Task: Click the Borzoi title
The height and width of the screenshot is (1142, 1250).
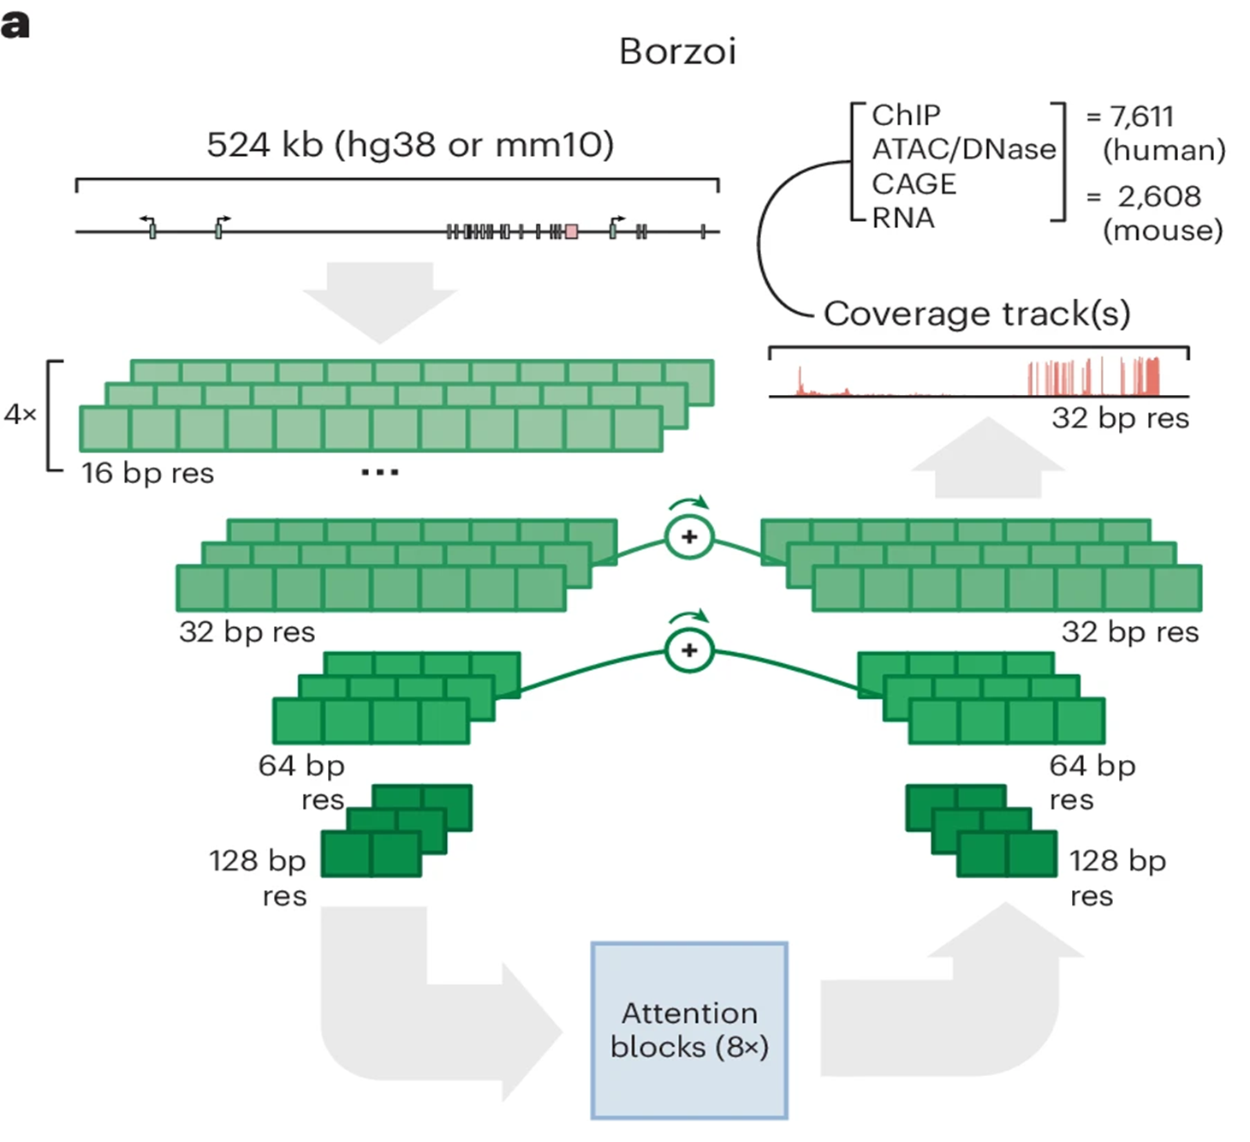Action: (677, 51)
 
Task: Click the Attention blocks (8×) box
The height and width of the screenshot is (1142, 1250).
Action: (689, 1030)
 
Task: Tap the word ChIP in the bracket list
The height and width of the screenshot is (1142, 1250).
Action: (906, 115)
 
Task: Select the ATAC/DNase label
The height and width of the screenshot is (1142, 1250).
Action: (964, 149)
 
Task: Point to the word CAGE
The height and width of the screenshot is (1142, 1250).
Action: (914, 183)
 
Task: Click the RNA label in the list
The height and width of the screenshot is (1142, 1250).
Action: (903, 218)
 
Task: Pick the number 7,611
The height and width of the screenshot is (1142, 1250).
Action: (1141, 116)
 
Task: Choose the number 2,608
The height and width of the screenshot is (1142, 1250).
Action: (1159, 196)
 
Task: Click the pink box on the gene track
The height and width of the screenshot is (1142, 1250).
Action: (571, 231)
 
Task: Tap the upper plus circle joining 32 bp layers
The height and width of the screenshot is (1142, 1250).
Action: (689, 537)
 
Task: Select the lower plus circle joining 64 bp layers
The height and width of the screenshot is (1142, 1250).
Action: (689, 650)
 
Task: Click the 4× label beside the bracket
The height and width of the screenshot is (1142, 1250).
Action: (21, 415)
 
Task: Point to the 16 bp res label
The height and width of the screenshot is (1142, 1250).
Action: (147, 473)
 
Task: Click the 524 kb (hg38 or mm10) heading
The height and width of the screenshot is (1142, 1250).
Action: (410, 144)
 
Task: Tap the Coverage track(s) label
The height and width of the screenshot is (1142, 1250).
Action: (977, 314)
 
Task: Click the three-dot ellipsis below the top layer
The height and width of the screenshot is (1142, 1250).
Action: (379, 472)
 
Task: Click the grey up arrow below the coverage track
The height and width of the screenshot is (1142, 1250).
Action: (988, 458)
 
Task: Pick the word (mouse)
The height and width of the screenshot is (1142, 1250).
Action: (1163, 230)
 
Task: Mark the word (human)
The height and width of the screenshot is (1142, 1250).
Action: (1164, 150)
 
